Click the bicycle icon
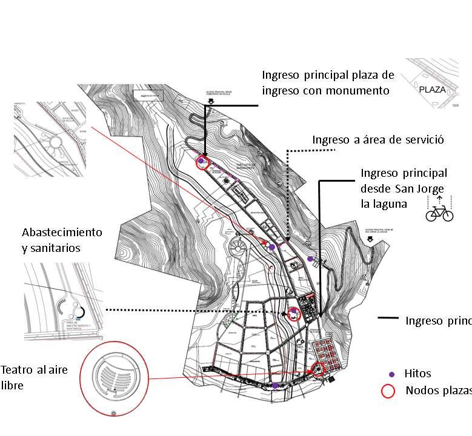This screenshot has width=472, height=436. (x=439, y=213)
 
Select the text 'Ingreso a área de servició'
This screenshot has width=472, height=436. (x=378, y=140)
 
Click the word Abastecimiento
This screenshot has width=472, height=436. (x=62, y=233)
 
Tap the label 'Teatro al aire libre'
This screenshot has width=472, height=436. (x=34, y=377)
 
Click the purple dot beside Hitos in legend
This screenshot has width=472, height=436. (x=391, y=374)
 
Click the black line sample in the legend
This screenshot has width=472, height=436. (x=388, y=319)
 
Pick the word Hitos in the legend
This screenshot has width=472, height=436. (x=417, y=374)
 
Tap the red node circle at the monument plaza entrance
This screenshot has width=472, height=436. (x=202, y=162)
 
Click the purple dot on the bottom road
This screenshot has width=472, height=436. (x=275, y=385)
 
